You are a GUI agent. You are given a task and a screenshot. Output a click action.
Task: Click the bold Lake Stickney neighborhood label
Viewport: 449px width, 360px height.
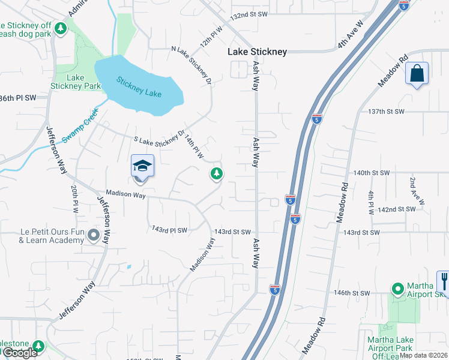pyautogui.click(x=257, y=52)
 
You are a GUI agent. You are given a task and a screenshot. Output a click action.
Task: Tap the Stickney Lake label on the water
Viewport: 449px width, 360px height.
pyautogui.click(x=139, y=88)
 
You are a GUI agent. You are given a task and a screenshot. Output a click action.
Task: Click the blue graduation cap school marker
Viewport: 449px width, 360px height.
pyautogui.click(x=142, y=166)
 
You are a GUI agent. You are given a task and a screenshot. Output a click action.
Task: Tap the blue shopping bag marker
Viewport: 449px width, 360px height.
pyautogui.click(x=417, y=74)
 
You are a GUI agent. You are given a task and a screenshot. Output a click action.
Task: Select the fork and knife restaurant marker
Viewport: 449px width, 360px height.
pyautogui.click(x=444, y=281)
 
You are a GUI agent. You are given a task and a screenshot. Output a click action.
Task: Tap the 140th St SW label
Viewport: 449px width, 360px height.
pyautogui.click(x=371, y=173)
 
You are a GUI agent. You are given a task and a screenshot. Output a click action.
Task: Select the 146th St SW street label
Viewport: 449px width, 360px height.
pyautogui.click(x=352, y=293)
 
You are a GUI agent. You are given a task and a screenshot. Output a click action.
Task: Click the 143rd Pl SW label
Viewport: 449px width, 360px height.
pyautogui.click(x=170, y=230)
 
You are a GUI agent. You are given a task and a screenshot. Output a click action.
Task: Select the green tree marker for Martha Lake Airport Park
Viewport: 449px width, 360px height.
pyautogui.click(x=397, y=289)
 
